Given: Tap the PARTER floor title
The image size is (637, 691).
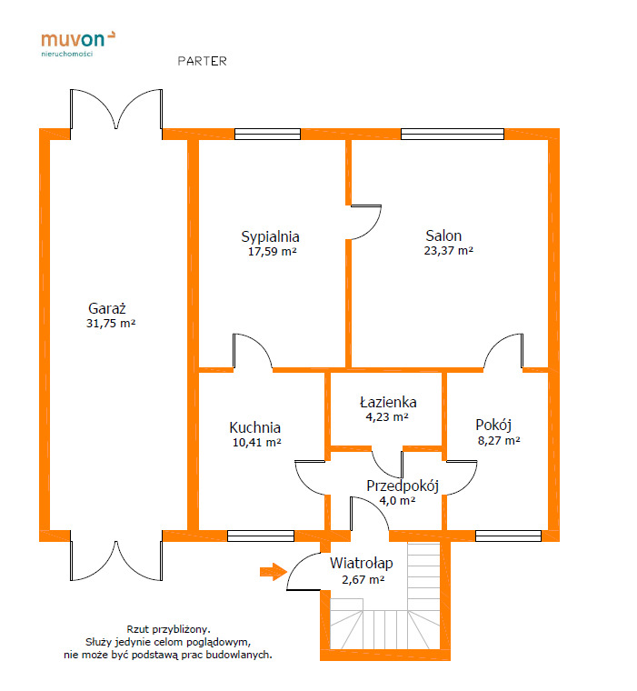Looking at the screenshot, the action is [203, 61].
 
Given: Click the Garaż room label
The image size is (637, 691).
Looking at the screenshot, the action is [107, 308].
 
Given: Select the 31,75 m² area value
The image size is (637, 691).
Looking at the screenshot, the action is [111, 323].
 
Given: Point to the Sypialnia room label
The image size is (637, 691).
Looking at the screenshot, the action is [270, 237].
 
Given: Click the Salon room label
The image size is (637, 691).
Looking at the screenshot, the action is [443, 235].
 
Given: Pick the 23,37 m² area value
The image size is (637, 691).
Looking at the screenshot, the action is [449, 250].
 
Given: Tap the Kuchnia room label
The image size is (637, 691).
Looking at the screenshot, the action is [255, 427].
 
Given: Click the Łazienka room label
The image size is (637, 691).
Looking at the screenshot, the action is [388, 402].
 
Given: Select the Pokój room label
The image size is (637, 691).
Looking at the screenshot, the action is [493, 426].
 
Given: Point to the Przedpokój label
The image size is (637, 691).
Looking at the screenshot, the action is [403, 486].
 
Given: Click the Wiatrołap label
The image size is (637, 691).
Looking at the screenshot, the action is [362, 563].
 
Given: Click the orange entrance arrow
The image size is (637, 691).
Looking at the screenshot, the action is [274, 572].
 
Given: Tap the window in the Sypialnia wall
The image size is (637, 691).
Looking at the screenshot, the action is [267, 134].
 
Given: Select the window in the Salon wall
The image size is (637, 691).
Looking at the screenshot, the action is [453, 134].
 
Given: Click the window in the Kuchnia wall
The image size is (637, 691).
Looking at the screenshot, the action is [261, 536].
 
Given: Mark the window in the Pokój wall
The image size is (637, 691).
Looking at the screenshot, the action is [508, 536].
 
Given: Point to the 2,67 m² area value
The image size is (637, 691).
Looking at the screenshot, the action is [363, 579].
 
